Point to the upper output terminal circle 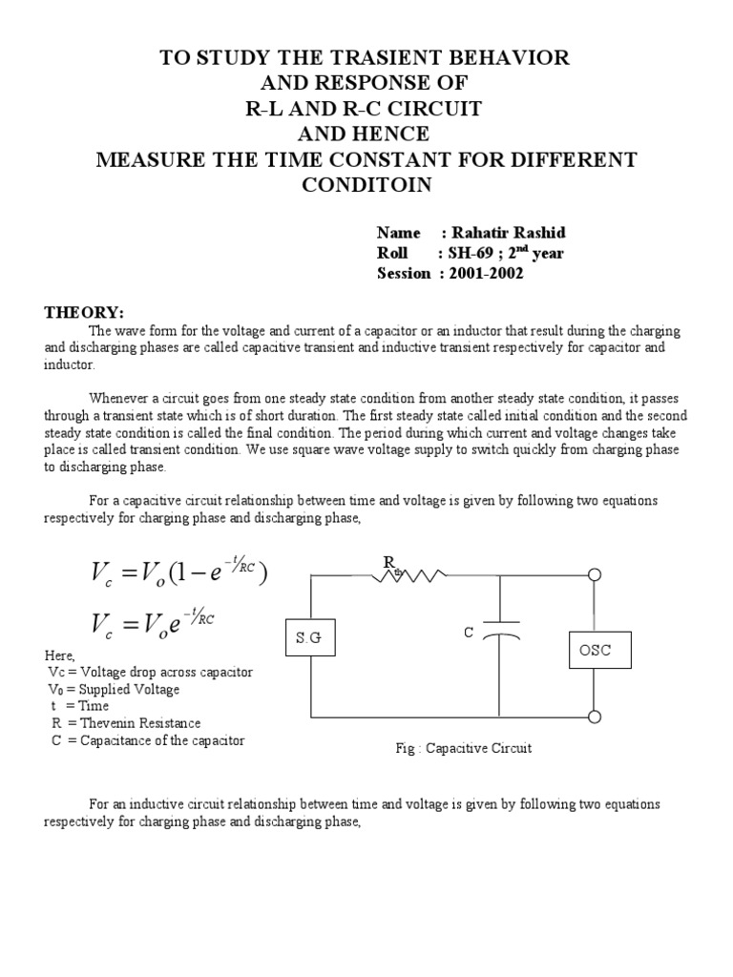coord(595,574)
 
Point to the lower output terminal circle coord(595,717)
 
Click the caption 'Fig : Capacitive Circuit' coord(464,748)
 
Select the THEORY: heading coord(84,313)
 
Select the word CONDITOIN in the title coord(366,184)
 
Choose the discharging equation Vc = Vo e coord(154,623)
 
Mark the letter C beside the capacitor coord(469,633)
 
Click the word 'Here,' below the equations coord(58,655)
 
